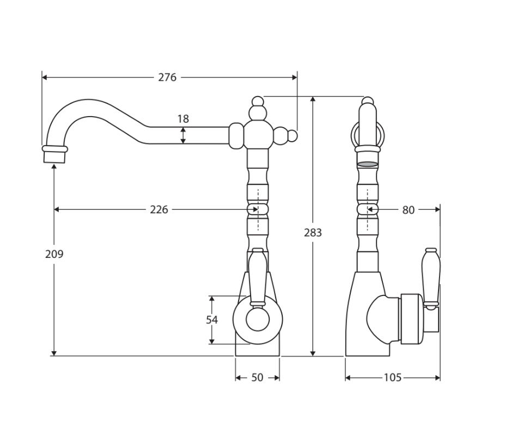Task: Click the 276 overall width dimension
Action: [167, 77]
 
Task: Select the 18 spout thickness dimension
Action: [183, 119]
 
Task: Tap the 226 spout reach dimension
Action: [159, 209]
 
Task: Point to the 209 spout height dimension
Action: [54, 254]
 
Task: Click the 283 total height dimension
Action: [313, 233]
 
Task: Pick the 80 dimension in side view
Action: [408, 209]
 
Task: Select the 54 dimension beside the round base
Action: [212, 320]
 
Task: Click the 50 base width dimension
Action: [257, 378]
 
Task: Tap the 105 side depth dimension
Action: [392, 378]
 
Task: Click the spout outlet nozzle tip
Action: [54, 156]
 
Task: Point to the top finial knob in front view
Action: [258, 101]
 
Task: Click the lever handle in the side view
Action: [430, 277]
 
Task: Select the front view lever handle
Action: [257, 276]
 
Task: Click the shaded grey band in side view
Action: [367, 164]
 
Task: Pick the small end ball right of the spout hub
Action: [293, 136]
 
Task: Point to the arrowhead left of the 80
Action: [370, 209]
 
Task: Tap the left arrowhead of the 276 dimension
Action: [45, 77]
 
